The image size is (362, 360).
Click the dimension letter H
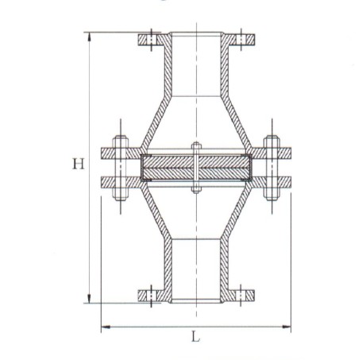coord(78,165)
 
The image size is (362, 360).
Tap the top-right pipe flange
coord(238,38)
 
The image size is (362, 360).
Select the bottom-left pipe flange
coord(152,296)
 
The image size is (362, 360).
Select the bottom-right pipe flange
coord(238,296)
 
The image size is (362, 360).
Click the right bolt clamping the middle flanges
coord(271,168)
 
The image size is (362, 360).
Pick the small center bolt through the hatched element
coord(195,168)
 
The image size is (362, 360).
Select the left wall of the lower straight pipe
coord(168,270)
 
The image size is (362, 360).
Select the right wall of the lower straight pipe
coord(222,270)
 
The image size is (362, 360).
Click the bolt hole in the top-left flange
coord(148,38)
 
